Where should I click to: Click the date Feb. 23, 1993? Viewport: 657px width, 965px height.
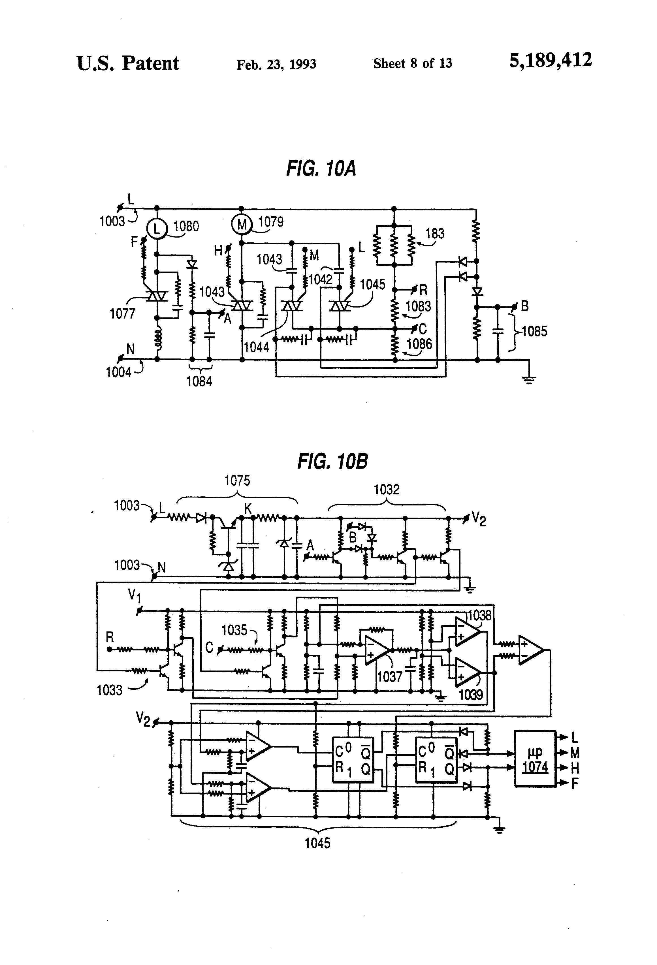(x=276, y=64)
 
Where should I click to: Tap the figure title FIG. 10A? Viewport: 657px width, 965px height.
(x=321, y=168)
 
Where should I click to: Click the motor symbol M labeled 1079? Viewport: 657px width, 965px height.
(x=241, y=225)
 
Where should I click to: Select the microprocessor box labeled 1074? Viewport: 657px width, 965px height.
(x=535, y=758)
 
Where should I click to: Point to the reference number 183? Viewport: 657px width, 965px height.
(x=434, y=233)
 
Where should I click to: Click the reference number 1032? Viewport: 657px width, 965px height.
(x=386, y=490)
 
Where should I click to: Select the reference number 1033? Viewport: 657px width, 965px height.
(x=109, y=690)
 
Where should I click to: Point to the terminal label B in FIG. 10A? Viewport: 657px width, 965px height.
(x=524, y=306)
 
